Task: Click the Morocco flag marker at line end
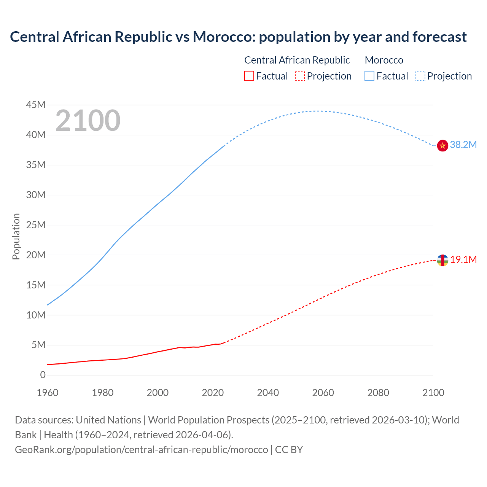point(442,145)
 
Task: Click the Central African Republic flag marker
point(442,260)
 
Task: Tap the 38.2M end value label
point(463,145)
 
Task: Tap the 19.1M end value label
point(463,260)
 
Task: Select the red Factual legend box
point(249,76)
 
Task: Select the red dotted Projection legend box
point(300,76)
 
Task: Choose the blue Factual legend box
point(369,76)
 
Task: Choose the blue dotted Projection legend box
point(420,76)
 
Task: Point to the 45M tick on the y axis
point(36,105)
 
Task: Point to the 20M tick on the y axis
point(36,255)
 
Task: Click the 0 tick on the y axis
point(43,375)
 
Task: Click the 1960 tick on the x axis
point(48,393)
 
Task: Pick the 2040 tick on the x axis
point(268,393)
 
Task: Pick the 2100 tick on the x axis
point(433,393)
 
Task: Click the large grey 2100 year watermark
point(88,121)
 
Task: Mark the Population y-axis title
point(16,236)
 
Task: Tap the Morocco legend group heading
point(384,60)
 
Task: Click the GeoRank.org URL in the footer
point(141,450)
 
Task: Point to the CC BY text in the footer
point(289,450)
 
